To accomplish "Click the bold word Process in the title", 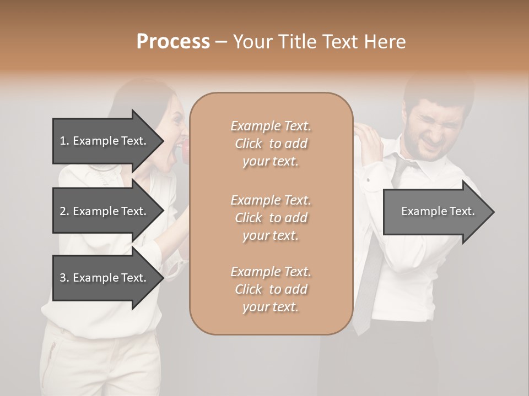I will (173, 41).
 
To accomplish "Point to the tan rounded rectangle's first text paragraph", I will (271, 144).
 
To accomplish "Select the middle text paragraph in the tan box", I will (271, 217).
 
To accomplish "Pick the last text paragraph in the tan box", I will (271, 289).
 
